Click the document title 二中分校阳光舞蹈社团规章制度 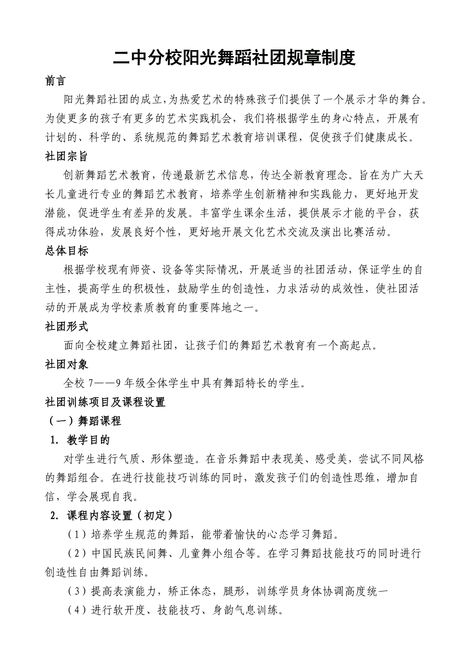pos(234,58)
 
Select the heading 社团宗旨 pos(66,157)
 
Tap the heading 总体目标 pos(66,250)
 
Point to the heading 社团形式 pos(66,326)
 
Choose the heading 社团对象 pos(66,364)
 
